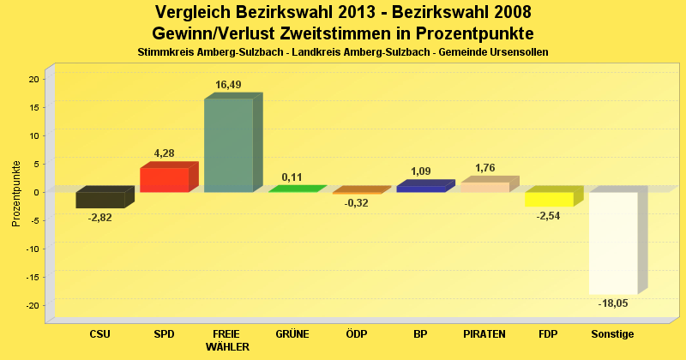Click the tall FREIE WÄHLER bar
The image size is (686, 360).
point(228,145)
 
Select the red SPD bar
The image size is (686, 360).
point(164,179)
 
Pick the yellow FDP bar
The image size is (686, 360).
point(549,199)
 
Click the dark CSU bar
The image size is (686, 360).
point(100,199)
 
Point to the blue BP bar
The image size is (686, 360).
point(421,188)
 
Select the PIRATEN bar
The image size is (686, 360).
point(485,186)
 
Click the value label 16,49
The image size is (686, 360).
point(228,85)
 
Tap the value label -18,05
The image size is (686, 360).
point(613,303)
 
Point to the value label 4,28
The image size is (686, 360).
point(164,153)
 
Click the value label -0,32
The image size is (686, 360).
point(356,203)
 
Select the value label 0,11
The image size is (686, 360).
point(292,177)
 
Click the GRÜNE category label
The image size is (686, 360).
point(292,334)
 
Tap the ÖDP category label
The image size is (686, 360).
point(356,334)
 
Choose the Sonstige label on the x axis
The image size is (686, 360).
point(613,334)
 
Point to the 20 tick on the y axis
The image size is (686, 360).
point(33,79)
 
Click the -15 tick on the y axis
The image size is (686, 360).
point(32,277)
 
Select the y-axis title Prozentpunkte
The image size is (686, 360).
point(16,193)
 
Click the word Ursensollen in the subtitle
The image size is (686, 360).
point(514,52)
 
